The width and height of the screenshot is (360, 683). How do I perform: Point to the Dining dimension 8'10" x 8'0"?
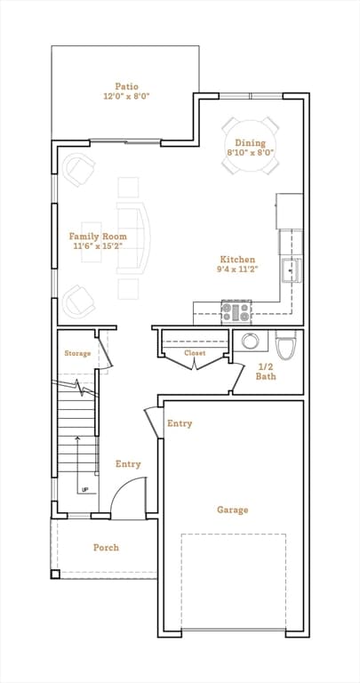pos(251,153)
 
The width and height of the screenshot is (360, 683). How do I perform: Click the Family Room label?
pos(98,236)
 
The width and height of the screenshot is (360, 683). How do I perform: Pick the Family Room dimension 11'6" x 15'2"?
pos(98,246)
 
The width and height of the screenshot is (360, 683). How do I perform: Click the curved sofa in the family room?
pos(132,237)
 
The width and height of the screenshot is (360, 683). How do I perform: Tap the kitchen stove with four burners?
pos(236,312)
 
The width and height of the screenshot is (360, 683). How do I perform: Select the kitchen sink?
pos(289,269)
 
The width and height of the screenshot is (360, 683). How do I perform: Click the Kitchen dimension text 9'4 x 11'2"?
pos(236,269)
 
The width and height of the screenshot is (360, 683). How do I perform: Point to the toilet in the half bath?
pos(286,343)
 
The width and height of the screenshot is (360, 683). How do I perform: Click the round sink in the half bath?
pos(250,341)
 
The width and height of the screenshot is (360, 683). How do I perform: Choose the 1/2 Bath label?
pos(267,372)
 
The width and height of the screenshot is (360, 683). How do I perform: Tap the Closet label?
pos(195,353)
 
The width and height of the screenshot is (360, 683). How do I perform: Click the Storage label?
pos(77,354)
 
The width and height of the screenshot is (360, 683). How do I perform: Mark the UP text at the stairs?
pos(84,490)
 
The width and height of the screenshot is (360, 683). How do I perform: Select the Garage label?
pos(232,510)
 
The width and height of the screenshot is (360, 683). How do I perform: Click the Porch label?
pos(106,547)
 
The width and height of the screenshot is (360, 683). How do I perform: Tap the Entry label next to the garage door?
pos(180,423)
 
